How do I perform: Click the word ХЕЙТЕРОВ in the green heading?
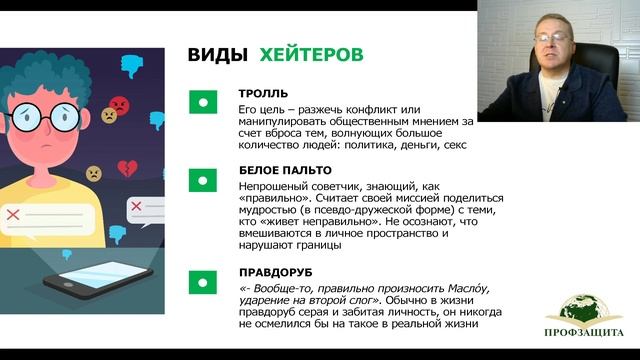(x=311, y=55)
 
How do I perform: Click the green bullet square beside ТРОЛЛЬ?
(x=203, y=101)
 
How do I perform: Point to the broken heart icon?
(x=126, y=168)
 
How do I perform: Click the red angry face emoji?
(x=119, y=104)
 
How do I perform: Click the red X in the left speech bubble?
(x=13, y=214)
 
